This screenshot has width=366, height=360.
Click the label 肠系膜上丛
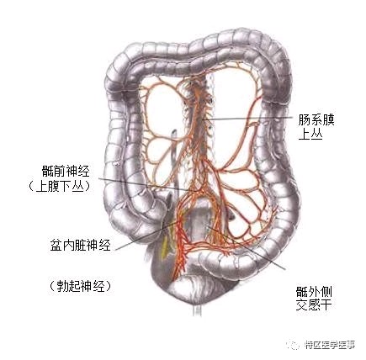pyautogui.click(x=316, y=128)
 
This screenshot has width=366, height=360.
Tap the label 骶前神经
pyautogui.click(x=66, y=172)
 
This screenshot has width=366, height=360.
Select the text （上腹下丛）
pyautogui.click(x=60, y=186)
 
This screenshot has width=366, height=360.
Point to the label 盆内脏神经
pyautogui.click(x=81, y=245)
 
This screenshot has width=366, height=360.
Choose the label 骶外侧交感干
pyautogui.click(x=314, y=299)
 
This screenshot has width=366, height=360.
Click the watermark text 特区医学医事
pyautogui.click(x=330, y=345)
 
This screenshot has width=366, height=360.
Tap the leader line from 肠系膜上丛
pyautogui.click(x=246, y=118)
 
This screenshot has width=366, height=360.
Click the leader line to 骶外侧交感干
pyautogui.click(x=246, y=247)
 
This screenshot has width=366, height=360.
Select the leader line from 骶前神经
pyautogui.click(x=149, y=184)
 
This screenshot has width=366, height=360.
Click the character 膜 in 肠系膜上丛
pyautogui.click(x=328, y=121)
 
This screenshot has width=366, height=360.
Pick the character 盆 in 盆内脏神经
pyautogui.click(x=56, y=245)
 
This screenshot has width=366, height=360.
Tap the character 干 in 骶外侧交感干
pyautogui.click(x=326, y=304)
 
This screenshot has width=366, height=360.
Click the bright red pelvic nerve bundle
pyautogui.click(x=181, y=246)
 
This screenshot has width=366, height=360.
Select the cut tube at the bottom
pyautogui.click(x=197, y=310)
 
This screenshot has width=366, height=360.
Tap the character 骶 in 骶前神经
pyautogui.click(x=47, y=172)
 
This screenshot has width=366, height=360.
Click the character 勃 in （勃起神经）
pyautogui.click(x=62, y=286)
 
